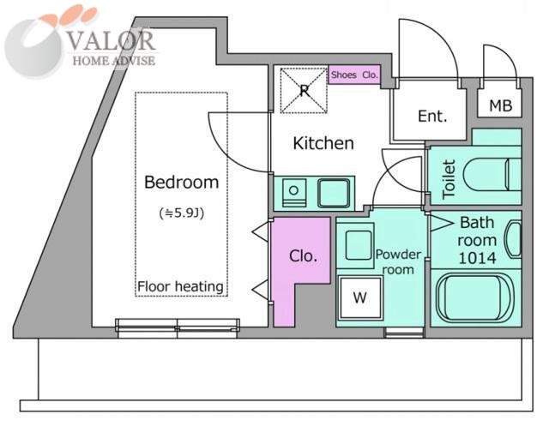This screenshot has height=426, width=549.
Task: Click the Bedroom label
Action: click(181, 183)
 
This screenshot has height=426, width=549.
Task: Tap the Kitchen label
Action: click(323, 143)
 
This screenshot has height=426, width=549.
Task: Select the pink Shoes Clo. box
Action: click(354, 75)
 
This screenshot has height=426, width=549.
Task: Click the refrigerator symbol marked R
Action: click(304, 91)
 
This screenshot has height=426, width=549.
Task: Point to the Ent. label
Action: click(432, 116)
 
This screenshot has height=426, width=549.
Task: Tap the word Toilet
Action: click(449, 179)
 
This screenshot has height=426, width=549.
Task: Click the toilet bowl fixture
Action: click(492, 175)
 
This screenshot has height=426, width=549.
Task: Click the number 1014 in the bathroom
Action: click(477, 258)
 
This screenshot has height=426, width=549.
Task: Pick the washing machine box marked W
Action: click(360, 297)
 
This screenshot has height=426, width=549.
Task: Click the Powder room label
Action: click(398, 262)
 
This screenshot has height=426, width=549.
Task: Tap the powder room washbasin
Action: click(358, 245)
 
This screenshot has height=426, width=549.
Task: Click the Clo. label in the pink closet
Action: click(303, 256)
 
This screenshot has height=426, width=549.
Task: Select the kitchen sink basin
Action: click(334, 193)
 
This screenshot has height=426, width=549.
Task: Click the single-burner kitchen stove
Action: click(294, 192)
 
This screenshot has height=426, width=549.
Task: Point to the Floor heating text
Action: click(180, 287)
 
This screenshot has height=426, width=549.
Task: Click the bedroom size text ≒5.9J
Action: click(181, 213)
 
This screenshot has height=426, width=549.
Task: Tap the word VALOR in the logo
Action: click(111, 40)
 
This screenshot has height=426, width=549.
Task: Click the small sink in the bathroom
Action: click(513, 240)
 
